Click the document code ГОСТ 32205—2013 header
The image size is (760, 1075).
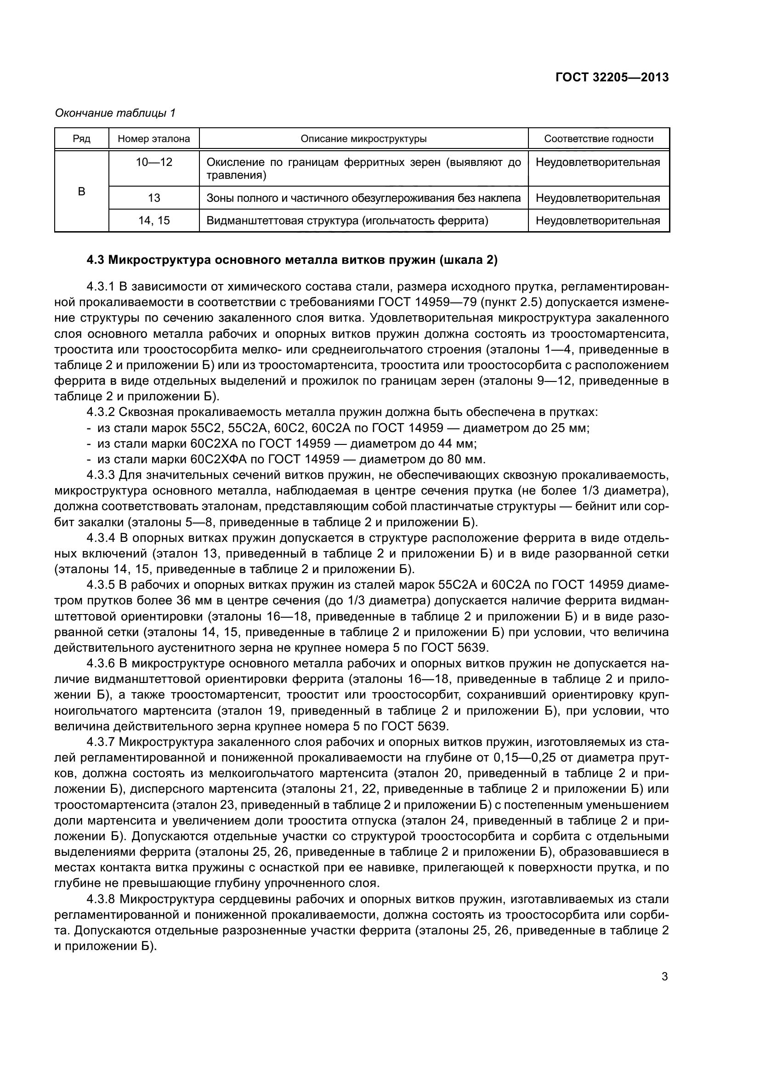pos(612,77)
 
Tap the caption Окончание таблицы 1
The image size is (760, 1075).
pos(115,113)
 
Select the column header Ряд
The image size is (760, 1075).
pos(81,139)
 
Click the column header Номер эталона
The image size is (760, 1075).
pos(154,139)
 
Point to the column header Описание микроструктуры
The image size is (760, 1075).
pos(363,139)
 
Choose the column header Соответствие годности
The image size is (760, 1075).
pos(599,139)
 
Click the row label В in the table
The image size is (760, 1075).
pos(81,192)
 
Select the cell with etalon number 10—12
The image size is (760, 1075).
pos(154,162)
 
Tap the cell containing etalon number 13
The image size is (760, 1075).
pos(154,198)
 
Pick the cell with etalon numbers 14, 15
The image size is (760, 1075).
pos(154,221)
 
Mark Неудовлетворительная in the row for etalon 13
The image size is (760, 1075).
pos(598,198)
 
